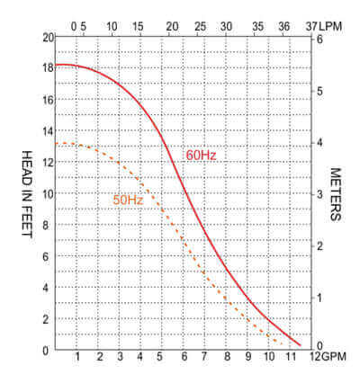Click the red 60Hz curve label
[x=201, y=155]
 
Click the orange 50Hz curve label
[x=127, y=200]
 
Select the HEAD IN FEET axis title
[x=27, y=193]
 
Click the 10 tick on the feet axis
[x=48, y=193]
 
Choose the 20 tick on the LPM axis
[x=171, y=27]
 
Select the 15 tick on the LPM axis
[x=138, y=27]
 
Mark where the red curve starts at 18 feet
[x=57, y=65]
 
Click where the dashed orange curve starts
[x=57, y=144]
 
